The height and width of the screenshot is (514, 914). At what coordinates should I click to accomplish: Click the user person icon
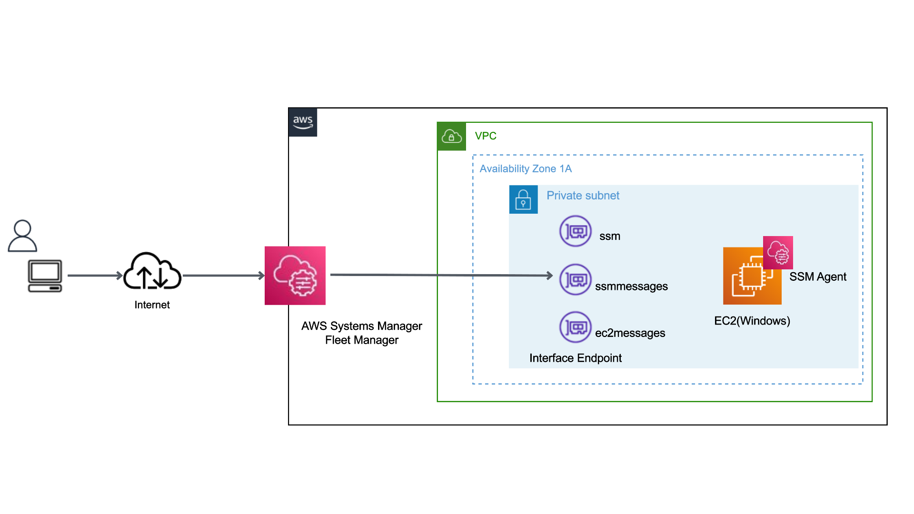point(22,236)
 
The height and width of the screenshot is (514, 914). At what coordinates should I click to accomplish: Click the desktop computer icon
point(45,276)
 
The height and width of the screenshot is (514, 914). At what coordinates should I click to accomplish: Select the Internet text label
point(152,305)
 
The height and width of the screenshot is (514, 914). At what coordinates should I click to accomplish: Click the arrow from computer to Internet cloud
point(94,275)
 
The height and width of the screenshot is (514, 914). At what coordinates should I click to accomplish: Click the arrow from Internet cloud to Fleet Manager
point(223,275)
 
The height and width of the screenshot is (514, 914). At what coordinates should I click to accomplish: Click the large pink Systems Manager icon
point(295,276)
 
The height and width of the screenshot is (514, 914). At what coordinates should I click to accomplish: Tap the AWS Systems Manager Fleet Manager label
point(361,333)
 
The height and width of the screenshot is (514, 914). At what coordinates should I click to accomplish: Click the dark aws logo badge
point(303,122)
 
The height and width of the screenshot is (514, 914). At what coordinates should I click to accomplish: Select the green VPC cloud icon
point(451,137)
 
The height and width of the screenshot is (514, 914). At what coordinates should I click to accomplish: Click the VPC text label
point(486,136)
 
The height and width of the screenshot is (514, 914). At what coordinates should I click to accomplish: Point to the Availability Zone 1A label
point(526,168)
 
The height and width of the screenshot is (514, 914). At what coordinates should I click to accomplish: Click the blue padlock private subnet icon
point(523,199)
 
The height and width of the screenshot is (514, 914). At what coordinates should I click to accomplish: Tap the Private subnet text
point(583,196)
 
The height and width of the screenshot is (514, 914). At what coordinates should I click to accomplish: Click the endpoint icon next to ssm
point(575,231)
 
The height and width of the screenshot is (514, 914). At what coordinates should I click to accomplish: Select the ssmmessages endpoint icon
point(575,279)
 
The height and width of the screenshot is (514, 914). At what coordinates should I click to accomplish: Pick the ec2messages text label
point(630,333)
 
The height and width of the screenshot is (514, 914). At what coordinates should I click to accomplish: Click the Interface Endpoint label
point(575,358)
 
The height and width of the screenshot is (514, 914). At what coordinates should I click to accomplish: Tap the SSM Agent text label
point(817,277)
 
